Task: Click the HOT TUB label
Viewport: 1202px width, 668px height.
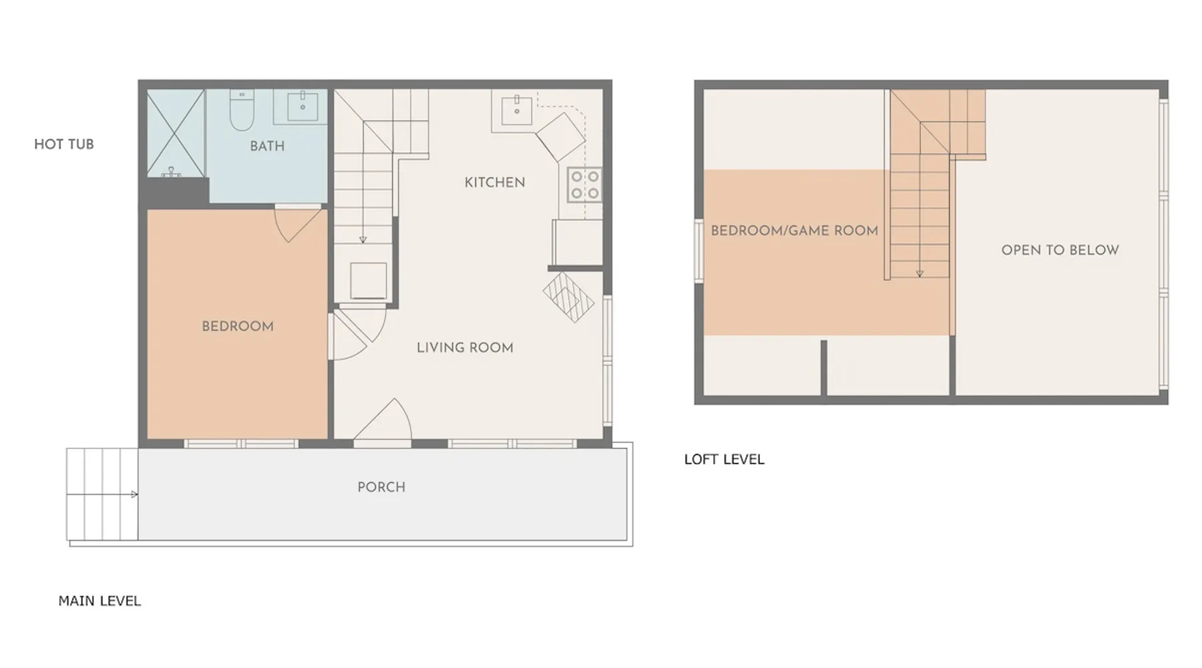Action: [x=64, y=144]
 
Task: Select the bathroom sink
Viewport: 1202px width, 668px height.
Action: [x=303, y=107]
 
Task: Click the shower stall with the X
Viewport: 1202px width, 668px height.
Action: [x=176, y=133]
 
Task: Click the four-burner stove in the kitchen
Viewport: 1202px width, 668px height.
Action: [x=584, y=185]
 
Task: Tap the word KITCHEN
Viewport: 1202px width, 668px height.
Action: [x=495, y=182]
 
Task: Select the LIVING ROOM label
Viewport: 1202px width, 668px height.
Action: [x=465, y=348]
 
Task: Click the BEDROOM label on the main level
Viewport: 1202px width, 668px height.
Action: [x=238, y=327]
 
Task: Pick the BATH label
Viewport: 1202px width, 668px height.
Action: [x=267, y=146]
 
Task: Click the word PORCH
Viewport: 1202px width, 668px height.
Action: [x=381, y=487]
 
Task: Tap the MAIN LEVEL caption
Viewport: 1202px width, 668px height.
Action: [x=99, y=601]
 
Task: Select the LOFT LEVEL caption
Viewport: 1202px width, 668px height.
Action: [x=725, y=460]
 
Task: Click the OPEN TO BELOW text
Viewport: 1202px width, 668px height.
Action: [x=1060, y=251]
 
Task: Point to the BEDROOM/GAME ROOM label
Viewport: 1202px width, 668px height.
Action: [x=795, y=231]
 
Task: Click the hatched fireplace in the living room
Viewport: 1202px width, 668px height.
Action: [x=568, y=297]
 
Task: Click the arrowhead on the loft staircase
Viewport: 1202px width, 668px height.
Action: [x=920, y=274]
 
